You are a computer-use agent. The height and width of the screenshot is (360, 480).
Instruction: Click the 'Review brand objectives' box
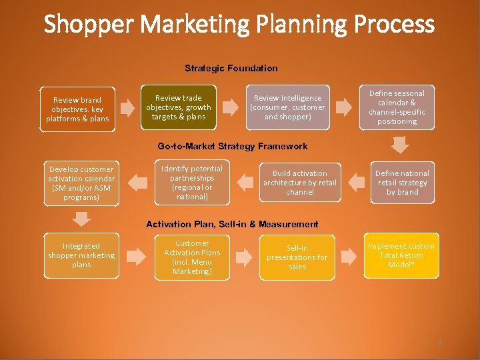pyautogui.click(x=77, y=109)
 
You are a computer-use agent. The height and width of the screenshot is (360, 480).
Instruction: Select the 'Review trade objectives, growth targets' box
pyautogui.click(x=179, y=107)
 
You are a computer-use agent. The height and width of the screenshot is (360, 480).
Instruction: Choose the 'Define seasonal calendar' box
pyautogui.click(x=397, y=107)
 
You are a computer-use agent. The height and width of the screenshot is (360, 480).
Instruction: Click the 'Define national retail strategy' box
pyautogui.click(x=402, y=182)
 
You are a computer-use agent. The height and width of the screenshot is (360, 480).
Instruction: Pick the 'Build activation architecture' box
pyautogui.click(x=299, y=182)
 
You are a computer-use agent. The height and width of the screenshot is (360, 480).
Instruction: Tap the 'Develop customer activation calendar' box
pyautogui.click(x=81, y=183)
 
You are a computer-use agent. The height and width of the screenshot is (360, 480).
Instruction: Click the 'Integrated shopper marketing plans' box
pyautogui.click(x=81, y=255)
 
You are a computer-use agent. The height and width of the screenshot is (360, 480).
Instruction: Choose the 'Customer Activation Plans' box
pyautogui.click(x=192, y=257)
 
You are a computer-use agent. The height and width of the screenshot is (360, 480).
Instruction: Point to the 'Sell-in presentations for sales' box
pyautogui.click(x=297, y=257)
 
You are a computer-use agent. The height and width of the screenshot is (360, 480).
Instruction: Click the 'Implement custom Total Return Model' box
pyautogui.click(x=401, y=256)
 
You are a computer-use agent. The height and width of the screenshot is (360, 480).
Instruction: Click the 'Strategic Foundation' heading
pyautogui.click(x=231, y=68)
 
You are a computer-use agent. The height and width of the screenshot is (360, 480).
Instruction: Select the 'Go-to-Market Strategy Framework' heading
pyautogui.click(x=233, y=146)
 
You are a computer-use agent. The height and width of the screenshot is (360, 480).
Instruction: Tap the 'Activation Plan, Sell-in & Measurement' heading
pyautogui.click(x=232, y=224)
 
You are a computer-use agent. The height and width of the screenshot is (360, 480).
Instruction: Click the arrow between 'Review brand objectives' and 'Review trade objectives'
pyautogui.click(x=128, y=107)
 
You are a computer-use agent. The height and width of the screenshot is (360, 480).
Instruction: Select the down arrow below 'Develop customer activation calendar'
pyautogui.click(x=81, y=218)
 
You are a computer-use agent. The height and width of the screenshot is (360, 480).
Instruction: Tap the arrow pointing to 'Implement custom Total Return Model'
pyautogui.click(x=347, y=256)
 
